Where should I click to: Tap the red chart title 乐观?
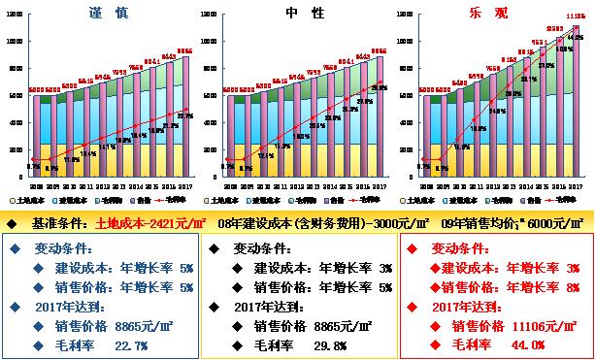point(495,14)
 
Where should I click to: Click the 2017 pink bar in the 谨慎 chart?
point(184,121)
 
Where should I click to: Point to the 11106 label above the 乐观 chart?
point(575,16)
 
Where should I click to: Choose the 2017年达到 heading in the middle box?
point(269,307)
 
